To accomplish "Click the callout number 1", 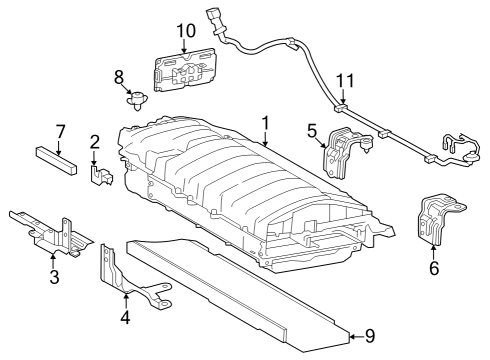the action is (265, 124).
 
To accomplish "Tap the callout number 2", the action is (95, 142).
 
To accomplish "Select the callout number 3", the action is (54, 276).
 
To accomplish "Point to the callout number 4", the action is (125, 317).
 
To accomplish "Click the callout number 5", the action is (312, 131).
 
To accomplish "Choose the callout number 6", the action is (434, 268).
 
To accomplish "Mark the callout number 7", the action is (60, 132).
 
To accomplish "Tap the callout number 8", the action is (119, 77).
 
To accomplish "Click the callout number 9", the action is (370, 336).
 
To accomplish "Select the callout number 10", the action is (186, 31).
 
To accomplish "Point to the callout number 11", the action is (345, 81).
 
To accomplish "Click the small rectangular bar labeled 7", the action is (56, 160).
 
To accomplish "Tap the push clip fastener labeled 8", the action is (137, 100).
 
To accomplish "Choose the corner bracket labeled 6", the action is (438, 220).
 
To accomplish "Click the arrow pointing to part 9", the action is (357, 337).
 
